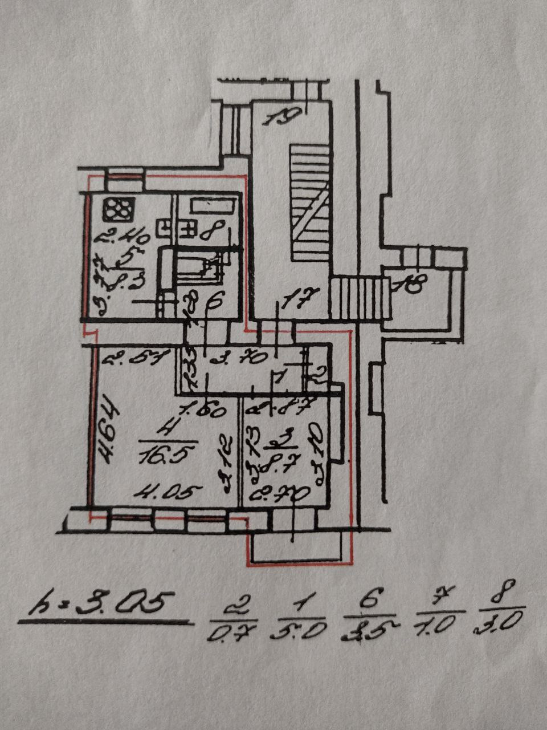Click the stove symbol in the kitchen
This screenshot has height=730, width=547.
[x=119, y=209]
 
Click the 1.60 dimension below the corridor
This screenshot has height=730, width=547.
[x=204, y=409]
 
